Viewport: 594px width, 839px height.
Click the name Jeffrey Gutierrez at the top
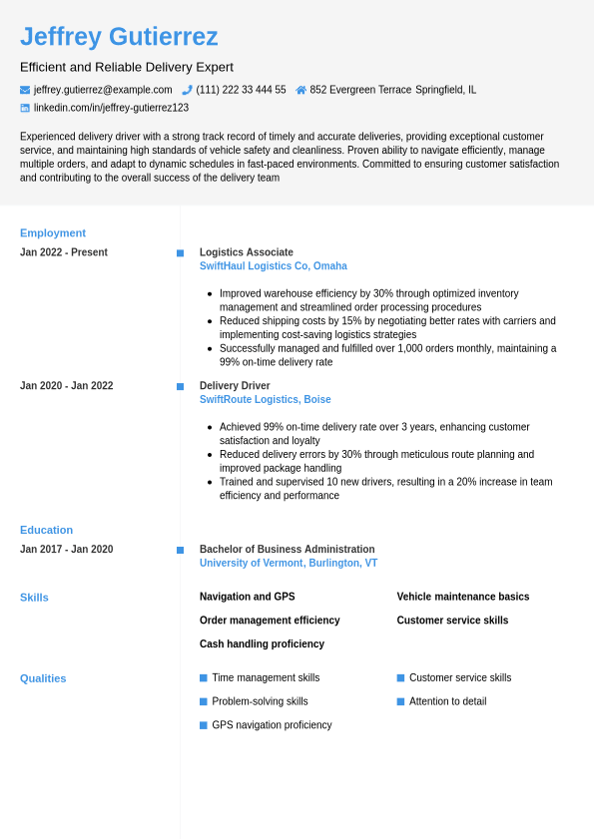click(119, 37)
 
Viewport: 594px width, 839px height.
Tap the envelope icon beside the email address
click(25, 90)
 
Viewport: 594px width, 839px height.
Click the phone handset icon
click(187, 90)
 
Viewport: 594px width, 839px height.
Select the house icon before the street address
click(300, 90)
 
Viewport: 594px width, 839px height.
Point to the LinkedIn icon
click(25, 108)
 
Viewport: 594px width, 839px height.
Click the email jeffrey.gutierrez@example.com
click(103, 90)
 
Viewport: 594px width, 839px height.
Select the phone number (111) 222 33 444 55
click(241, 90)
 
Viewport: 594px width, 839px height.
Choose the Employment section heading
click(53, 232)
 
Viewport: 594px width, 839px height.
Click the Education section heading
click(46, 530)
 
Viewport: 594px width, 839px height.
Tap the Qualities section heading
click(43, 678)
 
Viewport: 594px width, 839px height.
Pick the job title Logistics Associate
click(247, 252)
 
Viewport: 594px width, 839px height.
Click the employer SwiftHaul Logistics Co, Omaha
click(274, 266)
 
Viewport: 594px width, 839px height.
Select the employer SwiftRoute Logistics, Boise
click(265, 400)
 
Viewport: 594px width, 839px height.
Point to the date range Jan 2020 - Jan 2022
click(66, 386)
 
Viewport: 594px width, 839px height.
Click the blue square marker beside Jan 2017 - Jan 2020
click(180, 550)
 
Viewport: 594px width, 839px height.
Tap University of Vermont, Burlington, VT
click(289, 564)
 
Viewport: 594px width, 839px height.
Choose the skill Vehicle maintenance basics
click(463, 597)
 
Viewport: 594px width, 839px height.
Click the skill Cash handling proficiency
click(262, 644)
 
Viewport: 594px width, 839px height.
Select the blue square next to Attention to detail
click(401, 701)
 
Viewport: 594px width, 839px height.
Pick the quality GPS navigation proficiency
click(272, 725)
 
